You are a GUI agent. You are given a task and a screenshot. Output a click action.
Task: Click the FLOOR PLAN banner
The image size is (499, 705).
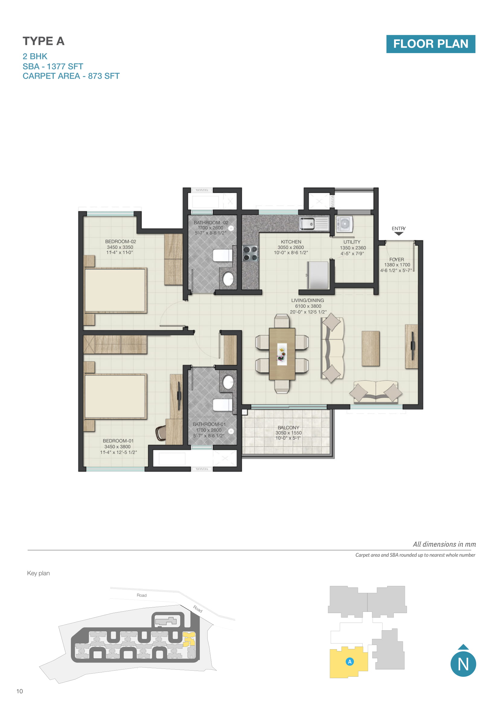(x=431, y=44)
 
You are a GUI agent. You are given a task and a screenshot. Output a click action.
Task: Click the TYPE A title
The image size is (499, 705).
(x=43, y=41)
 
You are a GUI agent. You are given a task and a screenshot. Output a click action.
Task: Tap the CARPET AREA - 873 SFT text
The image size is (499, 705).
(x=71, y=76)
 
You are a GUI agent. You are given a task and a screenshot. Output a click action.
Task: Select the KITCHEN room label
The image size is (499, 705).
(x=291, y=242)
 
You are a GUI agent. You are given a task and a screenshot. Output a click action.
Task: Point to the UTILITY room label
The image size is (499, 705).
(x=352, y=242)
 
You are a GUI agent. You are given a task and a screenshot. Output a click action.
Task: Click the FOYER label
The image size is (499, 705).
(x=396, y=260)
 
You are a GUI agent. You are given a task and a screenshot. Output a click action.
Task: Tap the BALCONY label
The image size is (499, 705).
(x=288, y=427)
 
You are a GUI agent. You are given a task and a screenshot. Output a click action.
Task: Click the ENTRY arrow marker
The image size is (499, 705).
(x=399, y=234)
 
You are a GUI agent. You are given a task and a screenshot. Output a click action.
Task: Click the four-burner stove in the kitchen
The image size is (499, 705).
(x=250, y=253)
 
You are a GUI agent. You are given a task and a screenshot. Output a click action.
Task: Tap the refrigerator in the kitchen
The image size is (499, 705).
(x=318, y=275)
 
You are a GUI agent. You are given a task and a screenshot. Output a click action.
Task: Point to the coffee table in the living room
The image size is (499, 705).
(x=370, y=348)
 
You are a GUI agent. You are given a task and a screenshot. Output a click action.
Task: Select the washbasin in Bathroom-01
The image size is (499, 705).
(x=228, y=382)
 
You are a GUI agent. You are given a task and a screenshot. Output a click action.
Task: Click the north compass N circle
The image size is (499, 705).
(x=463, y=664)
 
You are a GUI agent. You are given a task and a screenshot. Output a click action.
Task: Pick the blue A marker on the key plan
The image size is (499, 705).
(x=350, y=662)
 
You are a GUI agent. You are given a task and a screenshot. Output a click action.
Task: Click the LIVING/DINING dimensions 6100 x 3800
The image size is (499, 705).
(x=308, y=306)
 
